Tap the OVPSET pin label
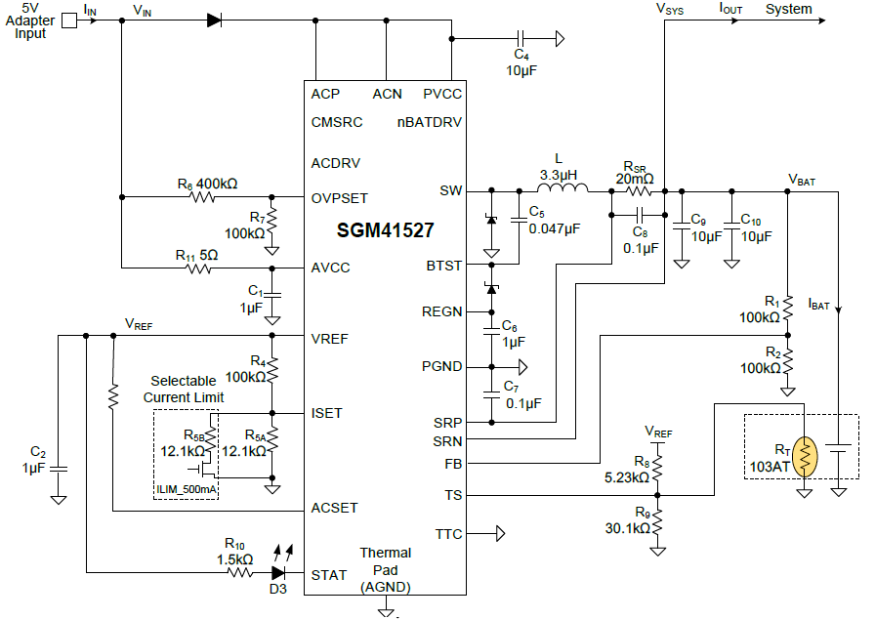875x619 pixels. click(x=340, y=198)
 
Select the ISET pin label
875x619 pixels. click(x=327, y=413)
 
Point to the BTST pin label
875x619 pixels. click(x=444, y=265)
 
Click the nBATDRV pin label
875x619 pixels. click(x=430, y=122)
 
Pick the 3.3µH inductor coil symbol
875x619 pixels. click(x=559, y=189)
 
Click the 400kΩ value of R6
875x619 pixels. click(x=218, y=184)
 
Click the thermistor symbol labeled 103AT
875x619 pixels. click(x=805, y=458)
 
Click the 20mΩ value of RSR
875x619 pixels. click(x=635, y=179)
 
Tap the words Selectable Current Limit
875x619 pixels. click(x=184, y=390)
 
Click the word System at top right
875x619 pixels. click(x=788, y=9)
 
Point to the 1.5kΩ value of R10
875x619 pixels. click(x=235, y=559)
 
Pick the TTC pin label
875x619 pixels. click(x=448, y=534)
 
